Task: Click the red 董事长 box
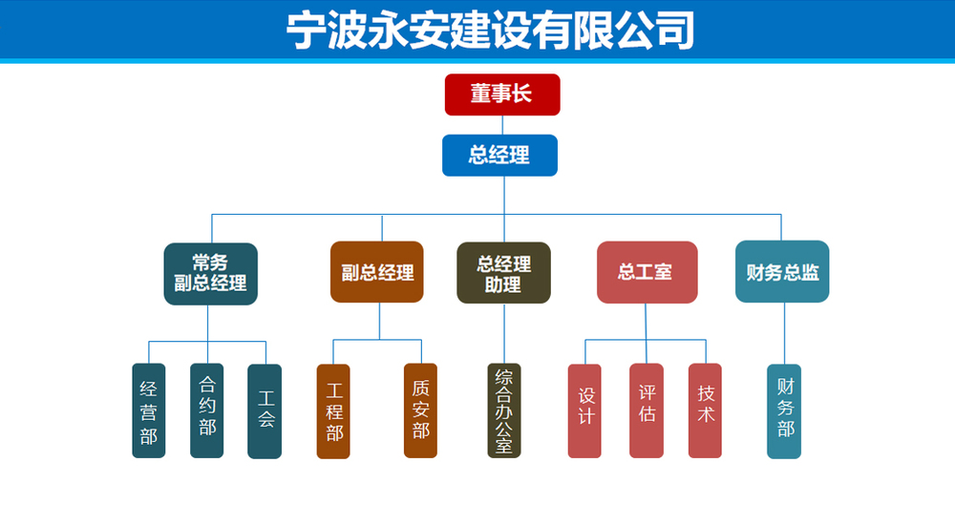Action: (x=502, y=95)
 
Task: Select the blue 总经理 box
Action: (x=500, y=156)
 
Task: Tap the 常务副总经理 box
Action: (x=211, y=274)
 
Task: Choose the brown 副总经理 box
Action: (x=377, y=272)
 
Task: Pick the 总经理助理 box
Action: (x=503, y=273)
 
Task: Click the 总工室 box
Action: (x=647, y=272)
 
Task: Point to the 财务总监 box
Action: (x=783, y=271)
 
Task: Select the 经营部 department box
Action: (x=149, y=410)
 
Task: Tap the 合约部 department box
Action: (x=207, y=410)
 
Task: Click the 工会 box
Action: (x=265, y=411)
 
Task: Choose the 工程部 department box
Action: (x=333, y=411)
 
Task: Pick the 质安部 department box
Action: (x=421, y=410)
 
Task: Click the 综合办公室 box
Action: (x=504, y=410)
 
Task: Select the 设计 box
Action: (x=584, y=410)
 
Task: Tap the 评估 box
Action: (x=647, y=410)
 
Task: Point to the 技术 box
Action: (x=706, y=410)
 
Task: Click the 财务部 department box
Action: (x=784, y=411)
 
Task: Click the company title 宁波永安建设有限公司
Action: (x=490, y=30)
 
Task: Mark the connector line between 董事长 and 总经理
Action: (x=502, y=125)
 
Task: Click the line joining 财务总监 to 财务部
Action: (x=784, y=333)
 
